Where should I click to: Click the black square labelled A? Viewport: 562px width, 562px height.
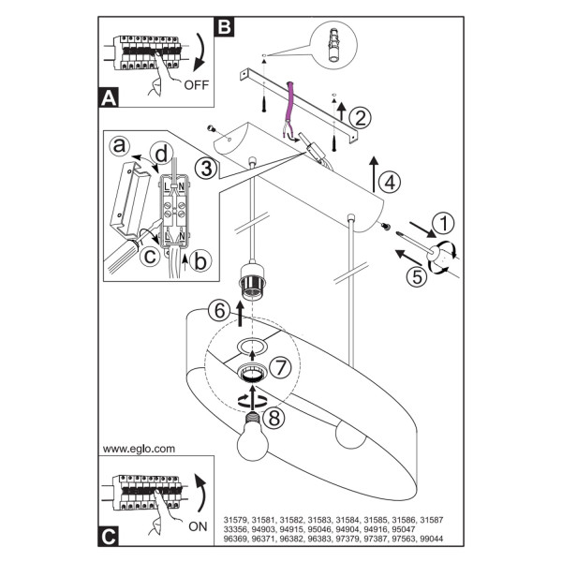click(109, 97)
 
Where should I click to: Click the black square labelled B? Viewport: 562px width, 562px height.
click(224, 27)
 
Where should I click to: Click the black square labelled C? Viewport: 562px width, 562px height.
click(109, 537)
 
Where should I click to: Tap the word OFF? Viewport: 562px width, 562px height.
click(196, 85)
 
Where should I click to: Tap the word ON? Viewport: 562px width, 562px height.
click(198, 526)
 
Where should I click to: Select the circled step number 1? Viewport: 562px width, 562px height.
click(443, 223)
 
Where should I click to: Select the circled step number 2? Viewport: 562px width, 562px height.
click(361, 118)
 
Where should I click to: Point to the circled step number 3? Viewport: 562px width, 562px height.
click(206, 169)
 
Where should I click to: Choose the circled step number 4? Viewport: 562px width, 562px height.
click(390, 182)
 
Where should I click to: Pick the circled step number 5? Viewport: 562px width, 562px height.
click(417, 276)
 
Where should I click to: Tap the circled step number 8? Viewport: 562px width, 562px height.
click(274, 418)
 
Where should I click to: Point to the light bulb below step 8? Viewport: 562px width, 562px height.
click(253, 437)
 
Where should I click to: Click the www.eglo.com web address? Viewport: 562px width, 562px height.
click(139, 449)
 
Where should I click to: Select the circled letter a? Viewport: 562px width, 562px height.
click(119, 146)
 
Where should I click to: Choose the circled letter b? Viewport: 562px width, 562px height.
click(200, 260)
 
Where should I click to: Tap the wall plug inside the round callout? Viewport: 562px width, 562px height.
click(333, 45)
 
